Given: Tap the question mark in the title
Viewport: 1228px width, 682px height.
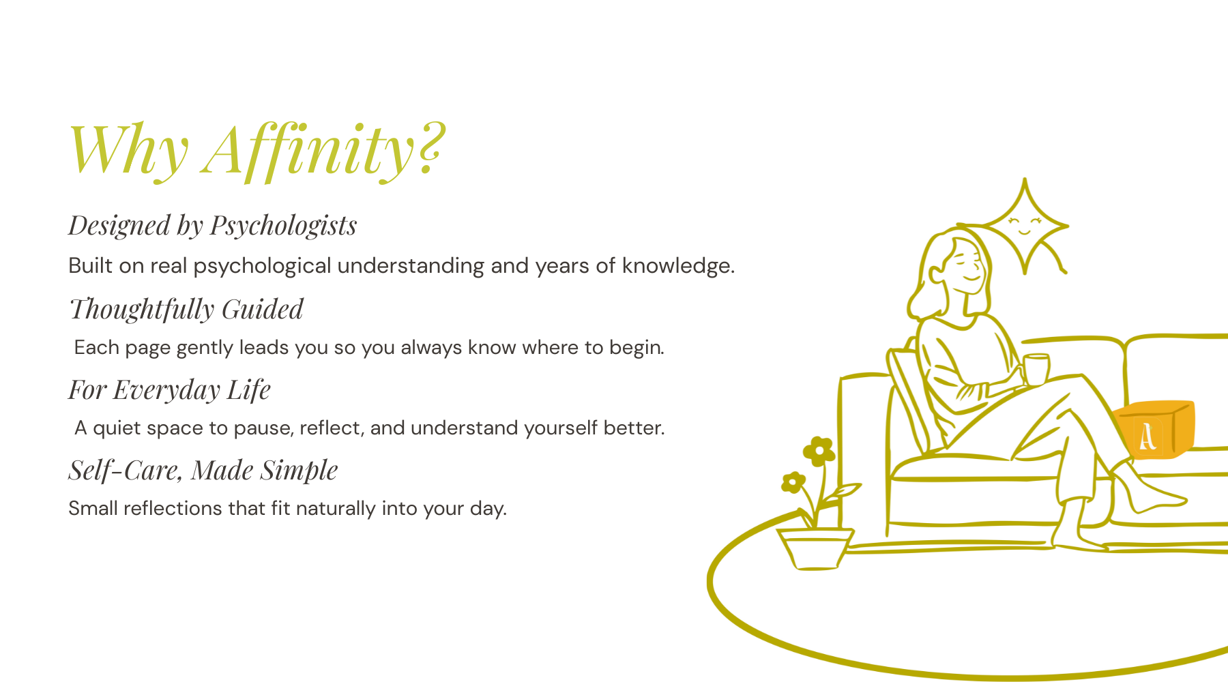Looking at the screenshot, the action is click(430, 147).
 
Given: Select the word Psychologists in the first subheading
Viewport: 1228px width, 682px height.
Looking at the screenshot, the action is click(283, 226).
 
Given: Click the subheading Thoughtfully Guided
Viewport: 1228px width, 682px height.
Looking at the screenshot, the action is click(186, 309).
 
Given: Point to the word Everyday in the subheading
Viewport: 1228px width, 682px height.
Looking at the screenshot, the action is click(166, 390).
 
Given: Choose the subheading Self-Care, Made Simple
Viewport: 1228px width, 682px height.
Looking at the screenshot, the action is click(203, 470).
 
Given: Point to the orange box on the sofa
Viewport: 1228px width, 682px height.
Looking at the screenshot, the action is click(1154, 429).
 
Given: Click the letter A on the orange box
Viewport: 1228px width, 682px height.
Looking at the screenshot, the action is click(1147, 437).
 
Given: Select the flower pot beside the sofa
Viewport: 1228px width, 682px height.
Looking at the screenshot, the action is click(816, 548).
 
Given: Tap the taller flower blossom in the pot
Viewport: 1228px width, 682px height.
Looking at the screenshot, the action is click(819, 451).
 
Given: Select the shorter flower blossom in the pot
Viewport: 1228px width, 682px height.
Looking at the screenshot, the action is click(793, 483).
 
